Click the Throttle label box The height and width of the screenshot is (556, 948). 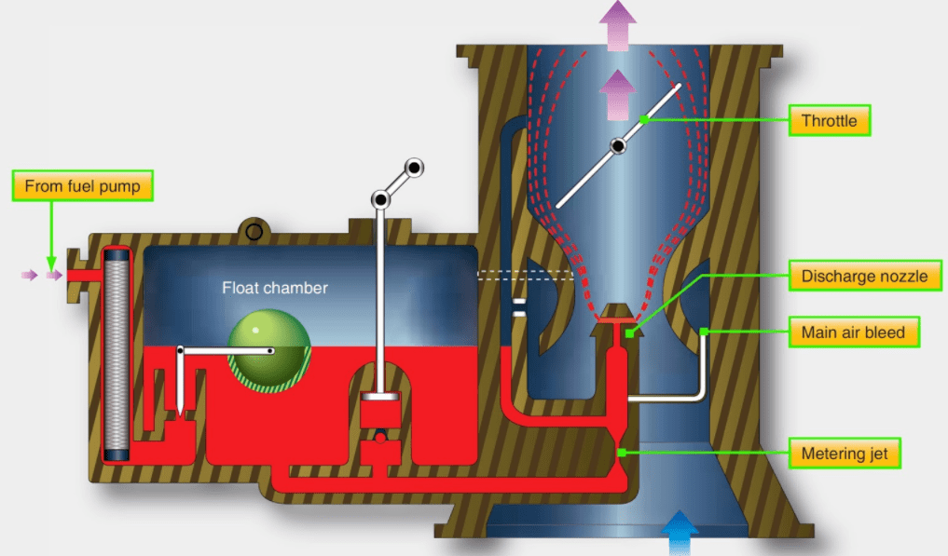pyautogui.click(x=829, y=120)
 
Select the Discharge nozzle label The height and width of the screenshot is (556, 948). pyautogui.click(x=864, y=276)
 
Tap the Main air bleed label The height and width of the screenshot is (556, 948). pyautogui.click(x=853, y=332)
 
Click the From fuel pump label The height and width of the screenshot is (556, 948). pyautogui.click(x=82, y=186)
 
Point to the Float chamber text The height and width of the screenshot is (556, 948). pyautogui.click(x=274, y=288)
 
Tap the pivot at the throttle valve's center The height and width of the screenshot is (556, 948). pyautogui.click(x=617, y=146)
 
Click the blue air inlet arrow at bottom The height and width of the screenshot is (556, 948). pyautogui.click(x=678, y=532)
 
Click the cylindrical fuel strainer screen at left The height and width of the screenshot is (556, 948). pyautogui.click(x=118, y=353)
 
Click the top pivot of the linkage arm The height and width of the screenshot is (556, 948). pyautogui.click(x=413, y=168)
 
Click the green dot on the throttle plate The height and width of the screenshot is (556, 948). pyautogui.click(x=643, y=120)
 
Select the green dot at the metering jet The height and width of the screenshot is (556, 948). pyautogui.click(x=623, y=454)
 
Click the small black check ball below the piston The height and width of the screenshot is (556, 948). pyautogui.click(x=379, y=435)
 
